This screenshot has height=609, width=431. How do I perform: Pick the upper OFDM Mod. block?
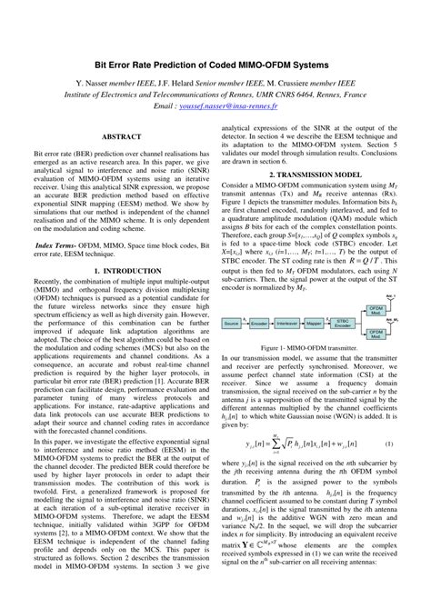click(x=401, y=310)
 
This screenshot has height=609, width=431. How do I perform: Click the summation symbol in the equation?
click(x=287, y=443)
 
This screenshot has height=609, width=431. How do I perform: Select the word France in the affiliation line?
click(x=352, y=93)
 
